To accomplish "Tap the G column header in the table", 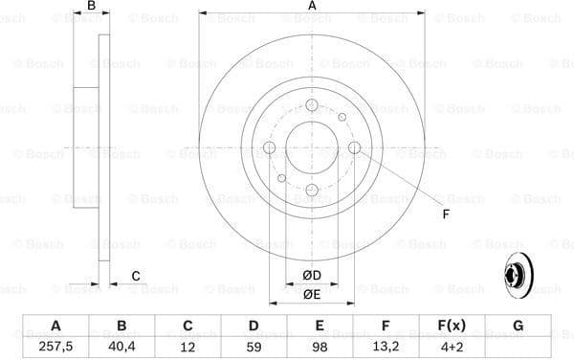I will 518,326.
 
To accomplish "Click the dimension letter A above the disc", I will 312,8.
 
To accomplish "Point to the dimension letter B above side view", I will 92,8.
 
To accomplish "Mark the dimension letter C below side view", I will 136,276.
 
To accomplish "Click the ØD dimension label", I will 311,276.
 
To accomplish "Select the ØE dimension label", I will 311,294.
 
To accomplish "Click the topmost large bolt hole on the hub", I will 312,104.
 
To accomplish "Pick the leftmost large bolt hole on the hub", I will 269,147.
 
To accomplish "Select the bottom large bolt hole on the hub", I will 312,191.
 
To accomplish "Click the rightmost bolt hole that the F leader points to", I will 355,147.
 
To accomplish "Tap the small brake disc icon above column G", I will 518,275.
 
